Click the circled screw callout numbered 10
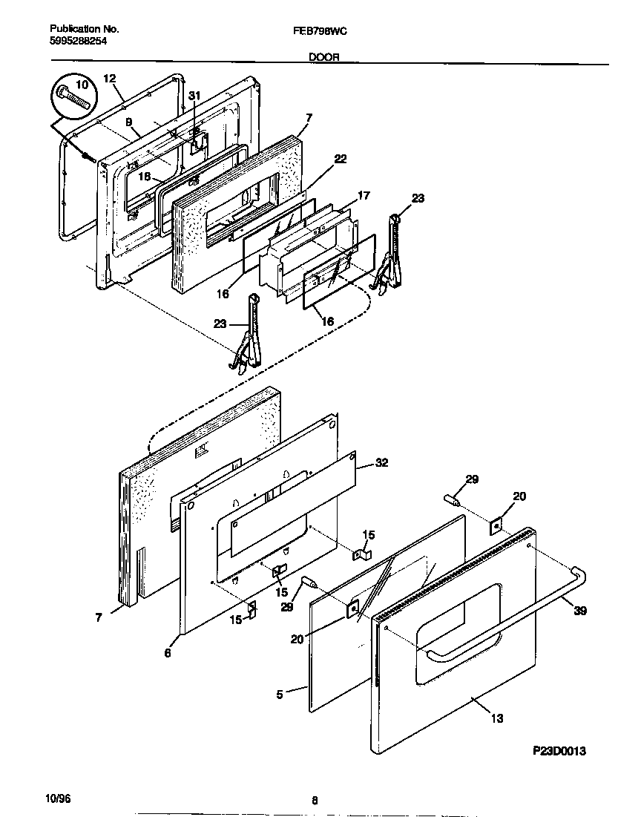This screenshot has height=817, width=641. [x=72, y=94]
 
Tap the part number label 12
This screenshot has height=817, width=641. [x=109, y=79]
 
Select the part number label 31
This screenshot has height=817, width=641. [x=194, y=96]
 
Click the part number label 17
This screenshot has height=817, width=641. [x=364, y=196]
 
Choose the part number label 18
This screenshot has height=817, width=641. [x=144, y=177]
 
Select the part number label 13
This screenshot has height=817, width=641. [x=496, y=718]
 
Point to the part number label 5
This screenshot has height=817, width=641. [x=280, y=694]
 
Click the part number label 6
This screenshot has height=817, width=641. [x=168, y=653]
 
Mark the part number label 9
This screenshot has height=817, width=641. [x=128, y=122]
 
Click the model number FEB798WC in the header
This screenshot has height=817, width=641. [x=320, y=31]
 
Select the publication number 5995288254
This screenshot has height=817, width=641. [x=79, y=42]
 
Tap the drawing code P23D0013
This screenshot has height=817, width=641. [x=559, y=751]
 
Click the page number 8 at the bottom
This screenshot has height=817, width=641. [x=315, y=800]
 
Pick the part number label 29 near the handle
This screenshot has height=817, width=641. [x=472, y=479]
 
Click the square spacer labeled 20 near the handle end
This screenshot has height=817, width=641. [x=496, y=526]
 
